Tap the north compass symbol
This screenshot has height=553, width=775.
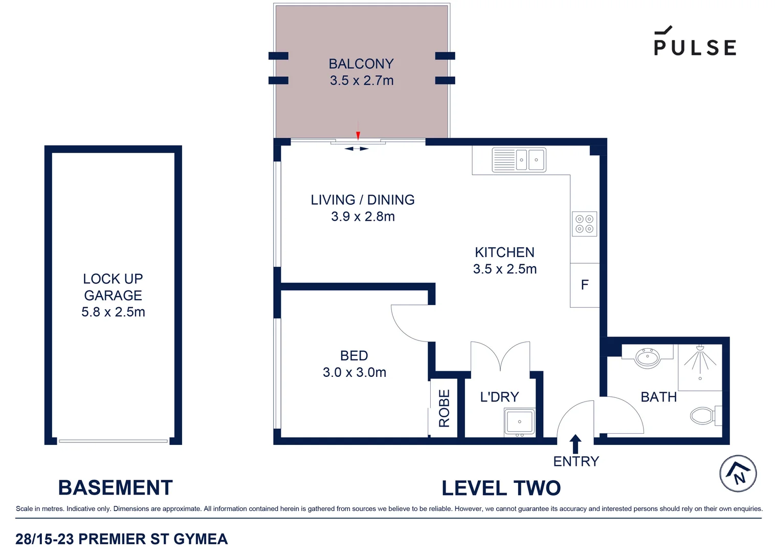[738, 474]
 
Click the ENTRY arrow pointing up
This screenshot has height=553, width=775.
[575, 443]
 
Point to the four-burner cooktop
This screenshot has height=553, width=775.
[584, 224]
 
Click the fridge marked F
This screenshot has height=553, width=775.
[585, 285]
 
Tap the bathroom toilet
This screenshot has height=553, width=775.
[704, 415]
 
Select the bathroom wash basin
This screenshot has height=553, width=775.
[648, 357]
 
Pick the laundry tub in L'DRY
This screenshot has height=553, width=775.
[519, 422]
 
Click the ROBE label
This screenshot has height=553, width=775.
[444, 408]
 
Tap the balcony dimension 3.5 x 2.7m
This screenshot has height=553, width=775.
[362, 80]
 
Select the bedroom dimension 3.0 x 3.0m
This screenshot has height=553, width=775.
[354, 372]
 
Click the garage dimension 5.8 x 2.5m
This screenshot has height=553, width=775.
[113, 312]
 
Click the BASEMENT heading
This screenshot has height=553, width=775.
[115, 487]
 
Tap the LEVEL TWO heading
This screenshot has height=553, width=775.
[501, 488]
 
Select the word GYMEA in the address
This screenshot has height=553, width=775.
[201, 539]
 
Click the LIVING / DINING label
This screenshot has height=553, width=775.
[362, 200]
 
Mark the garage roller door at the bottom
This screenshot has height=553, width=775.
[113, 441]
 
